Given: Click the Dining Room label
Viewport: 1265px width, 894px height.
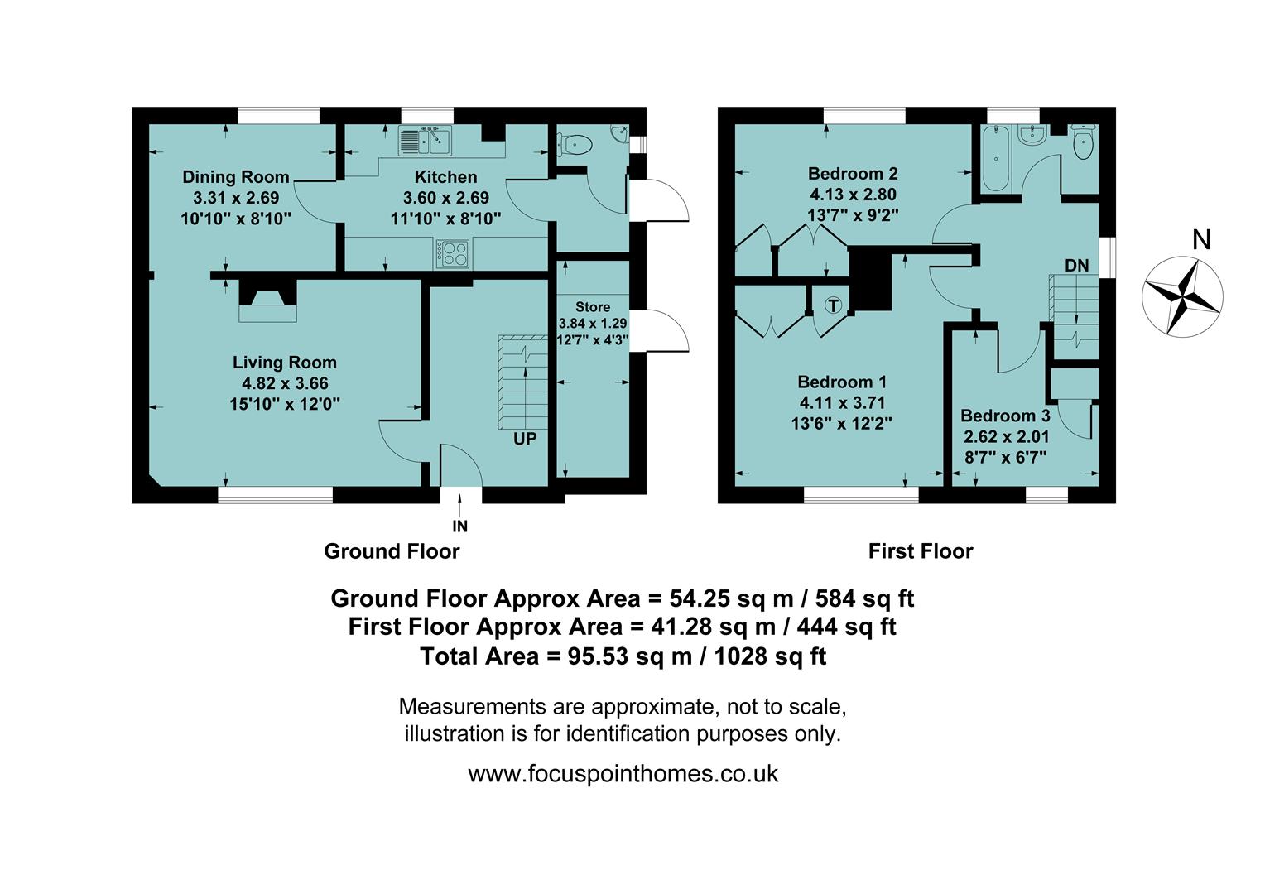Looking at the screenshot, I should point(236,176).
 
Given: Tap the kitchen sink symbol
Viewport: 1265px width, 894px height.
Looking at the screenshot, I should point(424,141).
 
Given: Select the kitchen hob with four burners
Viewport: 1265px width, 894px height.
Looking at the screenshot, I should point(453,253).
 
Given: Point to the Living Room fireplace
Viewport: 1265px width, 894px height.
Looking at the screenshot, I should point(267,302).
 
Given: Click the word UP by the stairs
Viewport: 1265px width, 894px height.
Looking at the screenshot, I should point(525,439).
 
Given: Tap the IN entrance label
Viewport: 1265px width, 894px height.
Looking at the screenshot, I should point(459,526).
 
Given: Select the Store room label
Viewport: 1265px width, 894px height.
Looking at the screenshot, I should point(593,307).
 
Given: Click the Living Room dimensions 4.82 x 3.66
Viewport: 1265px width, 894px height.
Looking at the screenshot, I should point(284,383).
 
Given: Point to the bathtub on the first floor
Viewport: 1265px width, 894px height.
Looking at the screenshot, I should point(994,159).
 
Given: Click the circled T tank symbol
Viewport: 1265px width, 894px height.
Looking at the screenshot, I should point(834,305).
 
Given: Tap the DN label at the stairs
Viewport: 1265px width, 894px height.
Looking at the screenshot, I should point(1076,266).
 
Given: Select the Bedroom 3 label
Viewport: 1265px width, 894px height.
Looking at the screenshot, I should point(1005,416).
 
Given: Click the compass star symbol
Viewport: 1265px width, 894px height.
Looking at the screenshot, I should point(1181,297).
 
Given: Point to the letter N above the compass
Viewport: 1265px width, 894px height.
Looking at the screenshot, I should point(1201,240).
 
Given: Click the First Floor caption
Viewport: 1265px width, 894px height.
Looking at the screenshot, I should point(920,551).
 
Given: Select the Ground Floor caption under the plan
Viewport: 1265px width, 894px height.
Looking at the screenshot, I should point(392,551).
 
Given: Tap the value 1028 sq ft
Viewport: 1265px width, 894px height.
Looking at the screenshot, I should point(770,656).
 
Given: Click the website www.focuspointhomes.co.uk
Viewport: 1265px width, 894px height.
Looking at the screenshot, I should point(623,774).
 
